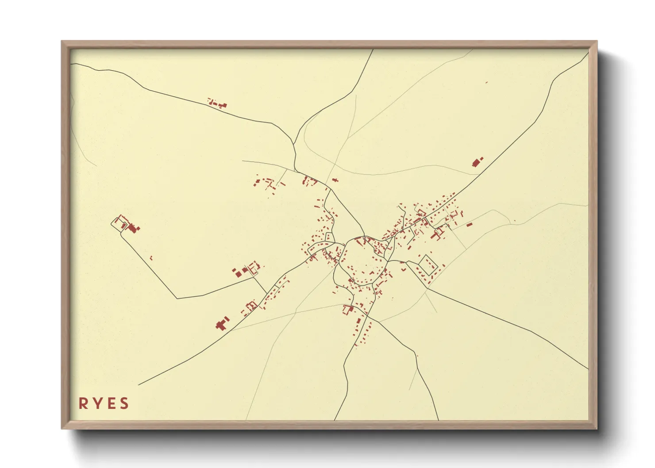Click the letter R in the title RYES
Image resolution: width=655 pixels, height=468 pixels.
click(x=83, y=403)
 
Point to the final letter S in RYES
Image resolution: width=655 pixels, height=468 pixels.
click(x=124, y=403)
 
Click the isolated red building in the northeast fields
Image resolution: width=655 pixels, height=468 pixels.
click(x=477, y=162)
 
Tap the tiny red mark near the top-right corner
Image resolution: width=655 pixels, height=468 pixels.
click(x=486, y=82)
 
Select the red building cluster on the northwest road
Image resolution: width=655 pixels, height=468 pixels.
click(x=217, y=104)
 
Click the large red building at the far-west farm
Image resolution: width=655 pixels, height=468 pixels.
click(x=133, y=228)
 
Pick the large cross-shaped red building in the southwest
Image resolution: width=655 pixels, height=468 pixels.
click(x=222, y=324)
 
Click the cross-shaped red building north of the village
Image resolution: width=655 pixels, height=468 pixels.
click(x=335, y=180)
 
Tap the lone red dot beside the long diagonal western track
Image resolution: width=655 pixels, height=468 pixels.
click(x=151, y=257)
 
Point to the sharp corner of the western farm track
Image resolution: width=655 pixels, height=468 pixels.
click(x=177, y=299)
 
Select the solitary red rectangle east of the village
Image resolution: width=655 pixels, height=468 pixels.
click(x=470, y=224)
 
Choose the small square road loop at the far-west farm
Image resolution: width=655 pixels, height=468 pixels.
click(x=118, y=224)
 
